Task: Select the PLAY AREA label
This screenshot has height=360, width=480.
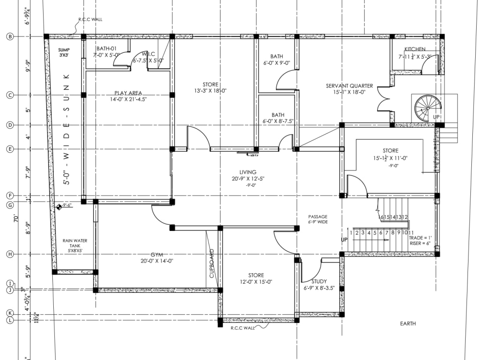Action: coord(128,93)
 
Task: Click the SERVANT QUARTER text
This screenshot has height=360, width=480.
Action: coord(349,86)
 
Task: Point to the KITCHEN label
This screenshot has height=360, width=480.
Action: coord(415,49)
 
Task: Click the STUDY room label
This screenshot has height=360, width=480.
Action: coord(319,282)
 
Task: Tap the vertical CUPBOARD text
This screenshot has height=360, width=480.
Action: coord(212,264)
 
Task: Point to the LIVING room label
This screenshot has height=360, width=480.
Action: coord(248,172)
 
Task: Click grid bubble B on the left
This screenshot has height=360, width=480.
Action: coord(10,36)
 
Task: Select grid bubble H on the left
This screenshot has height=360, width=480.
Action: coord(10,254)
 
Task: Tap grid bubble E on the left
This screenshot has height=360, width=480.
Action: coord(10,149)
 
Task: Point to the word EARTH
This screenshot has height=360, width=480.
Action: coord(408,324)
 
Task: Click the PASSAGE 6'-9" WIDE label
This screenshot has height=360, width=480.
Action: coord(318,219)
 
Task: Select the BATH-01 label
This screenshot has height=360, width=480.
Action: coord(107,48)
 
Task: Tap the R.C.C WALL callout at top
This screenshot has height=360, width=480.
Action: coord(90,20)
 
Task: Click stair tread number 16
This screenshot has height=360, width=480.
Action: coord(383,217)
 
